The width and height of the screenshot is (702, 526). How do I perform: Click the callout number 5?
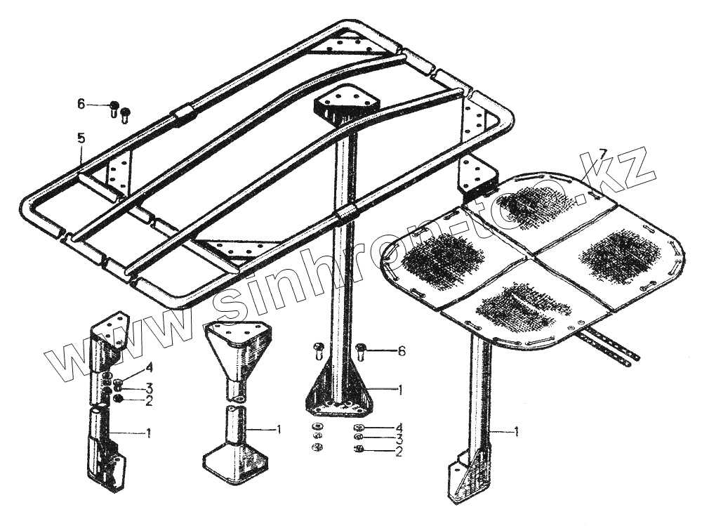(81, 138)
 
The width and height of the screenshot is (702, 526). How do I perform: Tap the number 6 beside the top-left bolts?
(81, 104)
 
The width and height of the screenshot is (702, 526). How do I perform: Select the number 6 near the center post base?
(401, 352)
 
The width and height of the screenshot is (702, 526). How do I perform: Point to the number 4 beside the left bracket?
(149, 367)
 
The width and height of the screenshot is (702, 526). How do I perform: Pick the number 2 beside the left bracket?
(149, 402)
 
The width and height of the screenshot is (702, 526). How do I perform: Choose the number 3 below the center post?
(399, 439)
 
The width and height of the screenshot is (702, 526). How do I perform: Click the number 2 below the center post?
(399, 452)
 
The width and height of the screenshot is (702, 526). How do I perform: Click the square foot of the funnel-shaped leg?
(235, 464)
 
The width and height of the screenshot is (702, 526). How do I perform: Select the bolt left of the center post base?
(317, 349)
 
